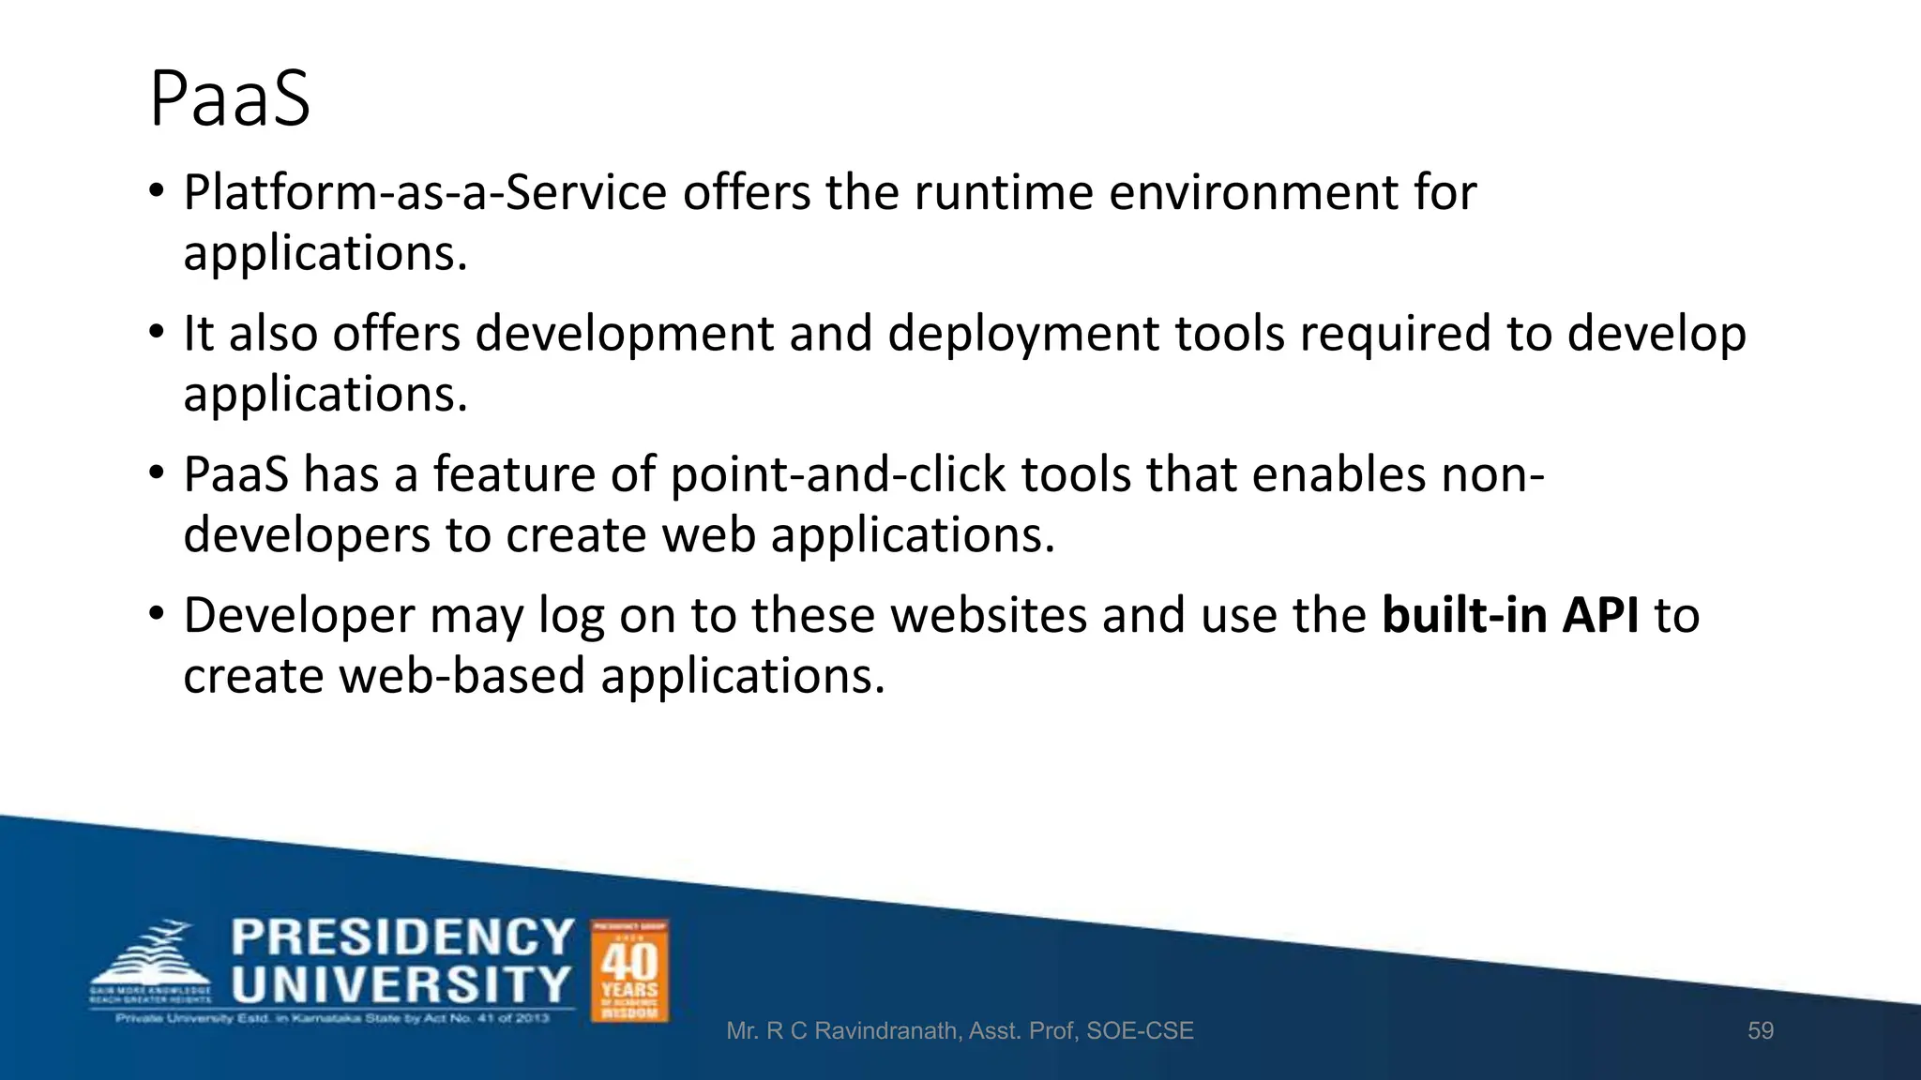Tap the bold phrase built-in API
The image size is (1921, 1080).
click(1510, 616)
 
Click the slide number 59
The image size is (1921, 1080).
click(1761, 1031)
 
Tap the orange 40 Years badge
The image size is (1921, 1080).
click(629, 970)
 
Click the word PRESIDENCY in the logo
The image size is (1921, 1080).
click(402, 937)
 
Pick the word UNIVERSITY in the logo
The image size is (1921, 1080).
click(401, 985)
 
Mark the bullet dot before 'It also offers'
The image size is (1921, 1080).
click(157, 333)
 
